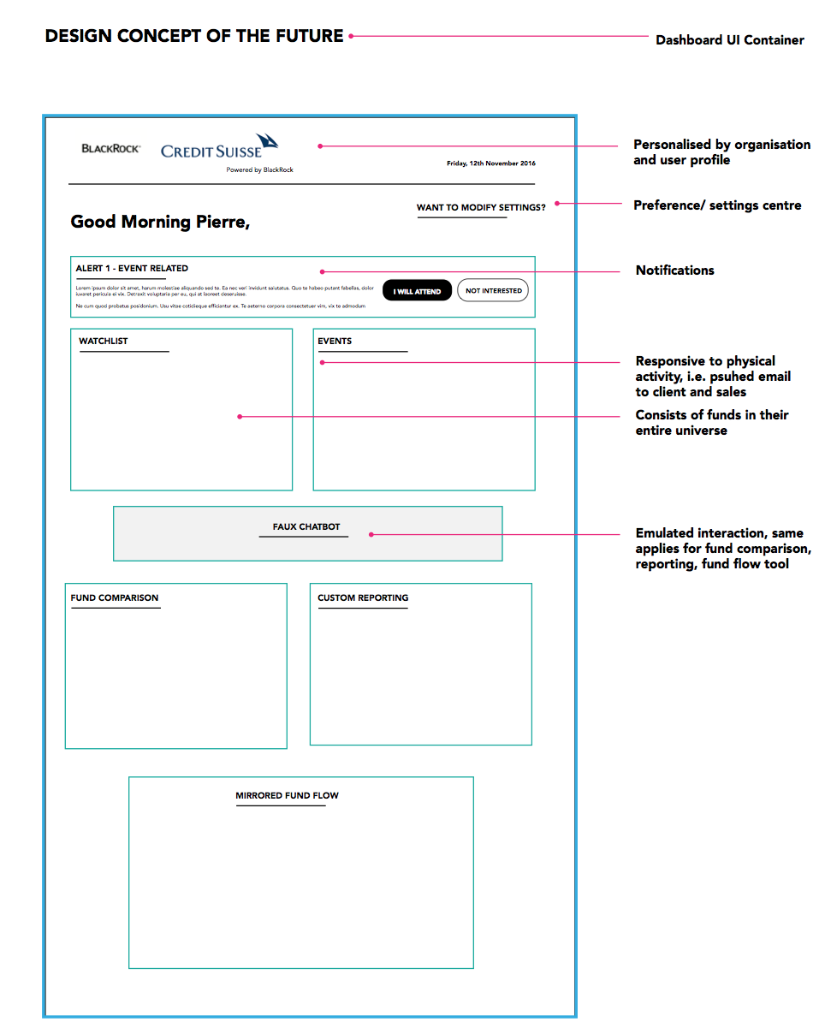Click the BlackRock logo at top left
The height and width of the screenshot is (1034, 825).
[x=111, y=149]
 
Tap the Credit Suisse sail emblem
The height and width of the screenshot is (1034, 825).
[x=267, y=141]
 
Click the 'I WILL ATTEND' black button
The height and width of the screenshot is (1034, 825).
[x=417, y=291]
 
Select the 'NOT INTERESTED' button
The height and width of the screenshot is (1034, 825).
[x=493, y=291]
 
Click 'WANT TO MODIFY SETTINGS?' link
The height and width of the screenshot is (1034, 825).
[x=481, y=208]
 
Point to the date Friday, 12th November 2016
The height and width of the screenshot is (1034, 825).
[x=490, y=163]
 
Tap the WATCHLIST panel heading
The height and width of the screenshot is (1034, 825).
[x=104, y=342]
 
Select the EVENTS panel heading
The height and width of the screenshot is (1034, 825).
[x=335, y=342]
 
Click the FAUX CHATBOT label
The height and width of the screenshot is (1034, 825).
[x=306, y=527]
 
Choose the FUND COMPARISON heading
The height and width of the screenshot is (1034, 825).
[x=115, y=598]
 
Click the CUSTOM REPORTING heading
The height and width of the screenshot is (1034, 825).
[x=363, y=598]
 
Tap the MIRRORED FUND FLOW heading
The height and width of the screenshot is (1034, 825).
[x=287, y=796]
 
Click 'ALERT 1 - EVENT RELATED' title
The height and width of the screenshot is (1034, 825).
[x=132, y=269]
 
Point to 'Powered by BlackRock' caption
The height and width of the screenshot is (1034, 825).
[x=259, y=170]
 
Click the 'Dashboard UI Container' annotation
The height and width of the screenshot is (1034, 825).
[x=729, y=40]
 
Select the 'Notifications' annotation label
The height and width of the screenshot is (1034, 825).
[x=674, y=270]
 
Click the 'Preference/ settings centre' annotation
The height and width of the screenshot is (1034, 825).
[x=717, y=205]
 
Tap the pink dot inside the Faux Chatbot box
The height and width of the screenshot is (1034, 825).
[x=371, y=535]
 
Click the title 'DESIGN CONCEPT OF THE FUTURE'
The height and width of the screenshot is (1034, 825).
[x=194, y=36]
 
